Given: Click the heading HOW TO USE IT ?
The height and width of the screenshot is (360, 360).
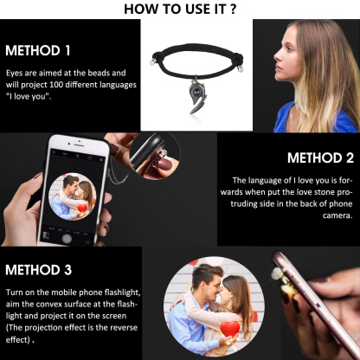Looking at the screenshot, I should (x=180, y=10).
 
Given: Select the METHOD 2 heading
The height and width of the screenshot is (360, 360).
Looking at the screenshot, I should (x=320, y=157).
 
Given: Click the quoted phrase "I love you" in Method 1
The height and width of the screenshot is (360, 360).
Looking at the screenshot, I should (x=29, y=96).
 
